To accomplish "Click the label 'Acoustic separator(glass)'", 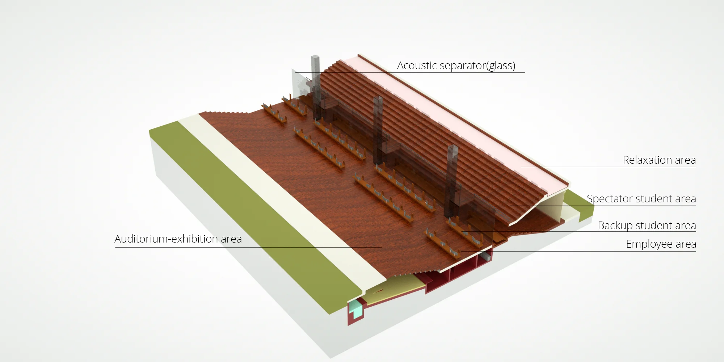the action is (456, 66).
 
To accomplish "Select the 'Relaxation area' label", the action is (659, 160).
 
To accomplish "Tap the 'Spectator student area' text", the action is (641, 199).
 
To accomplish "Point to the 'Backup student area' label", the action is (647, 226).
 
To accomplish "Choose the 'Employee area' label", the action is (661, 244).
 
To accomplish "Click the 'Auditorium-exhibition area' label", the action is (178, 239).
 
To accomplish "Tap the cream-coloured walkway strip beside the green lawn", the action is (282, 195).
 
